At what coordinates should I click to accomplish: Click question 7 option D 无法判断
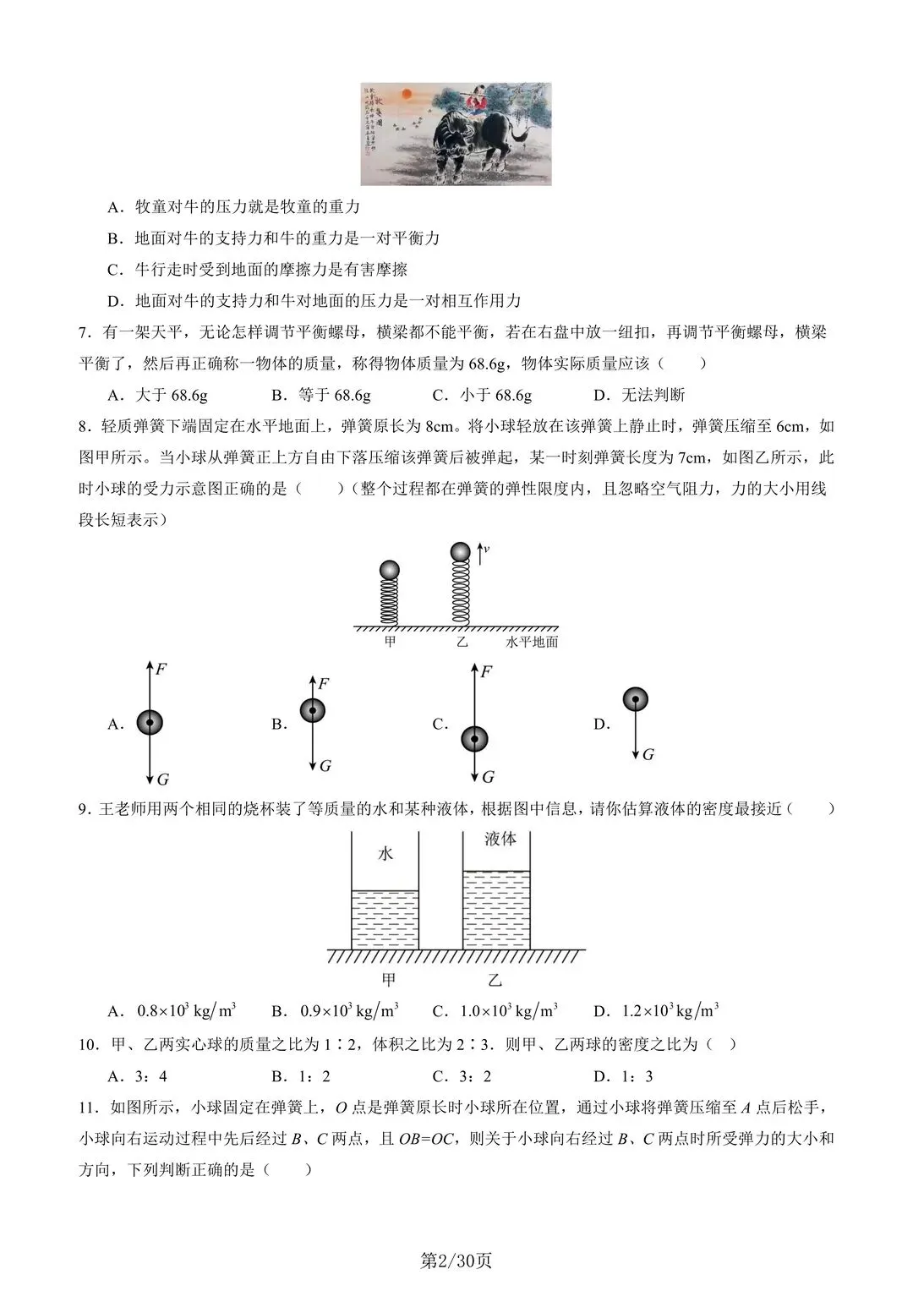[653, 395]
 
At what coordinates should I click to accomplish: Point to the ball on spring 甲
[389, 571]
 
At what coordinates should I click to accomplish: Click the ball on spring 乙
[460, 552]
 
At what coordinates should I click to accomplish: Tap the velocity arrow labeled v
[481, 553]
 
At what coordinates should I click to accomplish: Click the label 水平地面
[532, 642]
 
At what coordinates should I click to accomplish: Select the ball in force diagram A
[150, 723]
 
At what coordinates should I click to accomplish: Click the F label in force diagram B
[323, 683]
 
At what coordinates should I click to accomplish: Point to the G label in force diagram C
[488, 777]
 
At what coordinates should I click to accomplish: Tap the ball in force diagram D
[636, 699]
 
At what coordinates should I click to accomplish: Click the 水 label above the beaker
[385, 854]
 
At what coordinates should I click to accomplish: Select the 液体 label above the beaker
[500, 839]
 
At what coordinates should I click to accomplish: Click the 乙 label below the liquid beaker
[495, 980]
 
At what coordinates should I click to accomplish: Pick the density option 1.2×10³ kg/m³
[670, 1010]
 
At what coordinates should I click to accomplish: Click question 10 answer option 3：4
[151, 1076]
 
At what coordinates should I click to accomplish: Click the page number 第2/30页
[456, 1261]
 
